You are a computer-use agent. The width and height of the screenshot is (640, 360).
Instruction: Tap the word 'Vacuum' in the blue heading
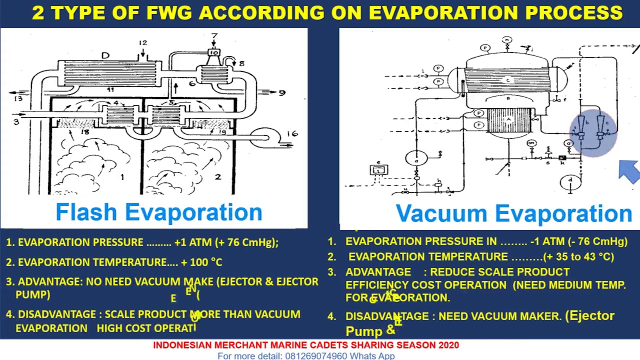click(x=442, y=214)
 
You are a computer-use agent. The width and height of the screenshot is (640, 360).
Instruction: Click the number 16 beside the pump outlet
click(x=292, y=133)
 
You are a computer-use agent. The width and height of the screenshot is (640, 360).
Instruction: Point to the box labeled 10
click(x=214, y=52)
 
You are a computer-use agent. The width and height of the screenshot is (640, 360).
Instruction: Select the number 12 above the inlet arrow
click(x=143, y=43)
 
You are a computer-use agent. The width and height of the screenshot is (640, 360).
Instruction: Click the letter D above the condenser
click(x=105, y=55)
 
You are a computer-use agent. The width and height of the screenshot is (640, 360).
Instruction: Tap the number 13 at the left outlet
click(x=18, y=98)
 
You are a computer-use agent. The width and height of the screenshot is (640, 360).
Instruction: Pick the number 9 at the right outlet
click(x=282, y=92)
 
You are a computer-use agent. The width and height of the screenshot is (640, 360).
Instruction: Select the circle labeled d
click(x=570, y=181)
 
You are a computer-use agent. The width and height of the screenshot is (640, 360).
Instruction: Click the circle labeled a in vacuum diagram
click(x=416, y=158)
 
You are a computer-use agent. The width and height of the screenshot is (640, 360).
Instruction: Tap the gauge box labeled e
click(x=379, y=169)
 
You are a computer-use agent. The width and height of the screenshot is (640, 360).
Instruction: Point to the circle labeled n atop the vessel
click(x=507, y=40)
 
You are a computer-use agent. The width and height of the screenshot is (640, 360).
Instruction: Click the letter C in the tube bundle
click(x=508, y=80)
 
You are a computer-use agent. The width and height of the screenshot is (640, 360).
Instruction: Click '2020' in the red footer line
click(x=448, y=345)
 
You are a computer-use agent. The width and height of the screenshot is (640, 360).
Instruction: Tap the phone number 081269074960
click(x=316, y=356)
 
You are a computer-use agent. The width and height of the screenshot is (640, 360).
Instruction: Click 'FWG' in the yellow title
click(x=169, y=13)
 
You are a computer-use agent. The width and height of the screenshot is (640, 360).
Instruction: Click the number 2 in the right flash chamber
click(x=217, y=176)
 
